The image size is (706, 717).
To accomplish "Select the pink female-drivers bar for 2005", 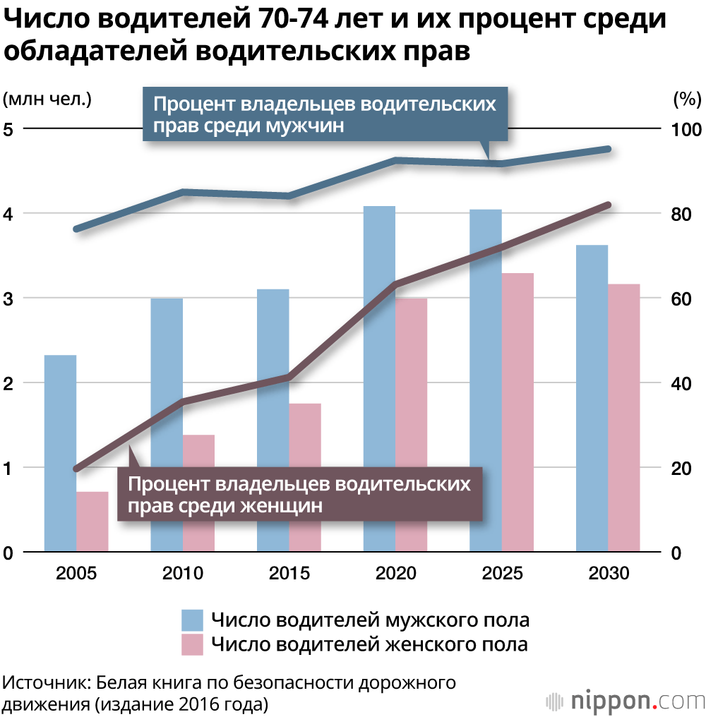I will [x=92, y=522].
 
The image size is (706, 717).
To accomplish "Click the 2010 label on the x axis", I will [x=183, y=573].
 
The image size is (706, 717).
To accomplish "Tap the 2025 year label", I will [x=502, y=573].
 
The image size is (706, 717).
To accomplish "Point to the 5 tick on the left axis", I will [x=9, y=129].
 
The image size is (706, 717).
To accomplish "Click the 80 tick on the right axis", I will [x=678, y=214].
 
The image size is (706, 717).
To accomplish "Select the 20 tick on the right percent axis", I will [x=678, y=468].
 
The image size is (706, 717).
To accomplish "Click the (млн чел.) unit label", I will [x=47, y=99].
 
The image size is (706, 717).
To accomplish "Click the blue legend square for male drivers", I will [x=193, y=620].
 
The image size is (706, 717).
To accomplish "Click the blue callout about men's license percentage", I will [x=325, y=115].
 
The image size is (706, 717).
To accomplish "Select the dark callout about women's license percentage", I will [x=299, y=495].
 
